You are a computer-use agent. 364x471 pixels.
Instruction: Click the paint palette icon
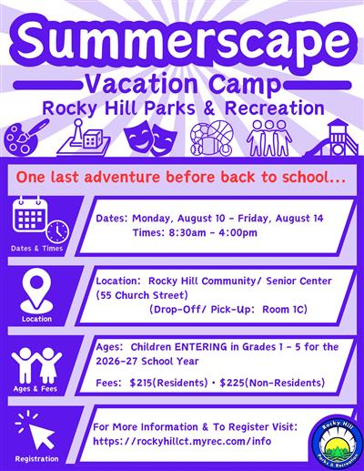pyautogui.click(x=27, y=139)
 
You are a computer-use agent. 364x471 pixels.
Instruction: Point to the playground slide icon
pyautogui.click(x=336, y=138)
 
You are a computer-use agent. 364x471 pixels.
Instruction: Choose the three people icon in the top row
pyautogui.click(x=270, y=139)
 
